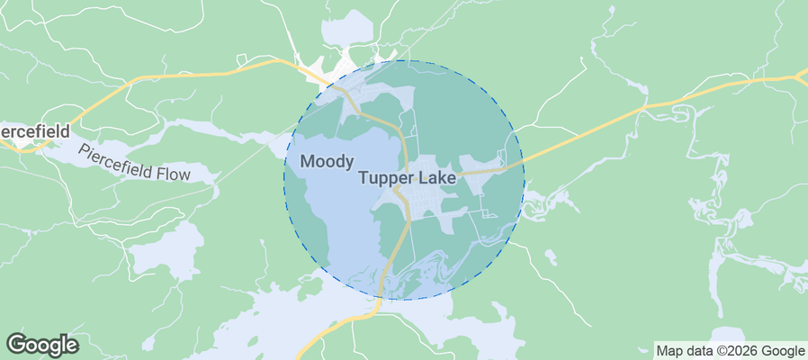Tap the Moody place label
coord(327,162)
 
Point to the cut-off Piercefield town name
coord(34,131)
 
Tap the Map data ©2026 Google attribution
coord(730,351)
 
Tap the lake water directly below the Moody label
coord(328,207)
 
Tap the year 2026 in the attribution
coord(731,351)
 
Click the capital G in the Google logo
coord(17,345)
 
